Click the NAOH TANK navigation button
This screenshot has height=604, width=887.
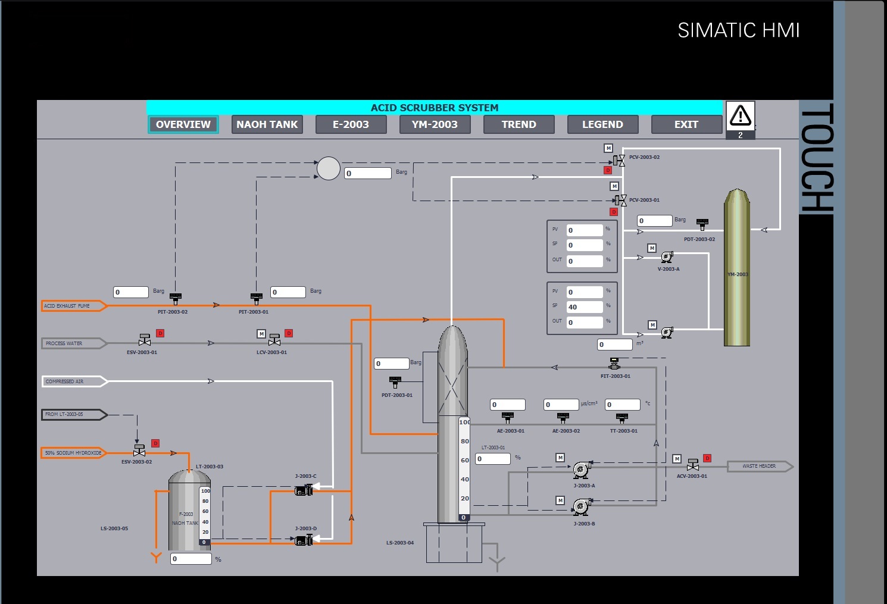click(267, 124)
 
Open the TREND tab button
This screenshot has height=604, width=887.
click(519, 124)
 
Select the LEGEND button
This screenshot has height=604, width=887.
click(602, 124)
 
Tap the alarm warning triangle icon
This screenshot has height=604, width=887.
click(741, 115)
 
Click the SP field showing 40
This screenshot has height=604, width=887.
click(584, 307)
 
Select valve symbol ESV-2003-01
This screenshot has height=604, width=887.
click(144, 340)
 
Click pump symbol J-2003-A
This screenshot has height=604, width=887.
click(582, 470)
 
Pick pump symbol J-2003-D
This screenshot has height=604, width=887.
click(304, 540)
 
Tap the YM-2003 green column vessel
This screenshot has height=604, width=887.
click(736, 268)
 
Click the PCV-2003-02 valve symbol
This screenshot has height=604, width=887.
click(620, 160)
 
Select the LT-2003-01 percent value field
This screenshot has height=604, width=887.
click(493, 459)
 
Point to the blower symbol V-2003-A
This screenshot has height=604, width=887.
click(667, 257)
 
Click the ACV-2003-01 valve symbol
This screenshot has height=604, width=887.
click(692, 465)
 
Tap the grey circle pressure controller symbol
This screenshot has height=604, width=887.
click(328, 168)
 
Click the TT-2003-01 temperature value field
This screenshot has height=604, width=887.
click(622, 405)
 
